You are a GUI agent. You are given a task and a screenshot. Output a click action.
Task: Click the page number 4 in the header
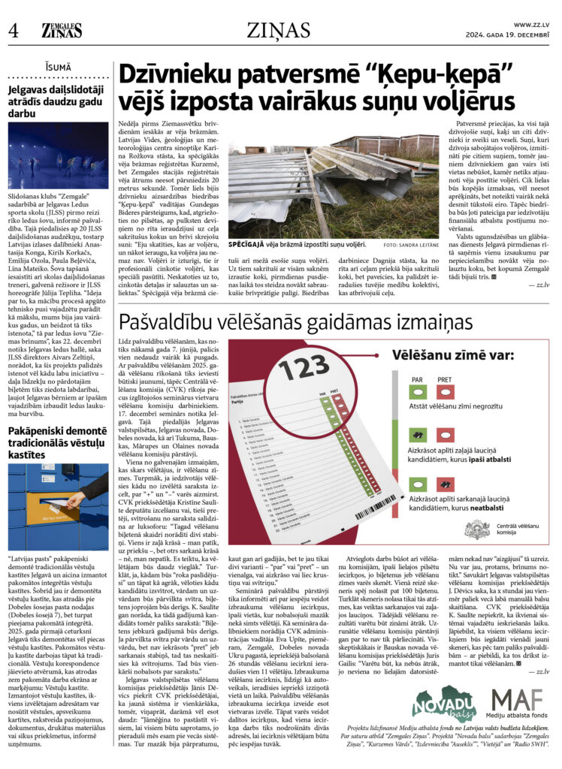13,31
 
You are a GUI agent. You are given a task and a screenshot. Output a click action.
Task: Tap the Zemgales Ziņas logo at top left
62,30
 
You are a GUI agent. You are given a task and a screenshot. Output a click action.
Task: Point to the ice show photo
58,157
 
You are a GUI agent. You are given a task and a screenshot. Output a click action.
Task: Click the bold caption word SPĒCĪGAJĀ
254,245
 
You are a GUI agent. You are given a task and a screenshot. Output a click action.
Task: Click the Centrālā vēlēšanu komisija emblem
477,529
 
